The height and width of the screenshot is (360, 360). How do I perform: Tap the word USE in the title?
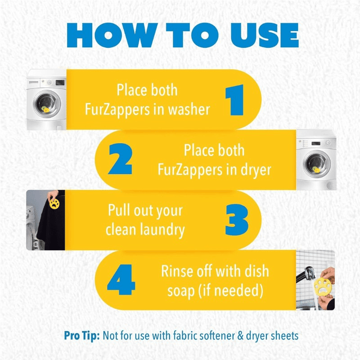pos(265,35)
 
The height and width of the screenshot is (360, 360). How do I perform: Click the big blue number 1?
pos(234,100)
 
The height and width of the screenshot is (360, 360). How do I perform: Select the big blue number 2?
pos(120,159)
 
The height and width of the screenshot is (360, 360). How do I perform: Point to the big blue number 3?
pos(237,220)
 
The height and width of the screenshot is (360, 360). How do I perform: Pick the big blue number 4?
pos(121,279)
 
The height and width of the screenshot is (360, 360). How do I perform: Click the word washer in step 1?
pos(189,109)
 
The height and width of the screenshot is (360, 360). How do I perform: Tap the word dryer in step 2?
pos(256,171)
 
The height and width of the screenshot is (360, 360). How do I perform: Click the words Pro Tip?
pos(82,336)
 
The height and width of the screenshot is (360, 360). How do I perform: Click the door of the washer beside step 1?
pos(47,104)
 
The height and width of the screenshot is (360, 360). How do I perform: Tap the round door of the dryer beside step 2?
pos(317,164)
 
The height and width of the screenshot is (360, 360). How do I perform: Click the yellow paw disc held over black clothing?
pos(54,204)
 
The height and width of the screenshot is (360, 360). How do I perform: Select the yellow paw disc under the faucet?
pos(323,286)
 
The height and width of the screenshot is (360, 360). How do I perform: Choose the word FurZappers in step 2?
pos(189,171)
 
